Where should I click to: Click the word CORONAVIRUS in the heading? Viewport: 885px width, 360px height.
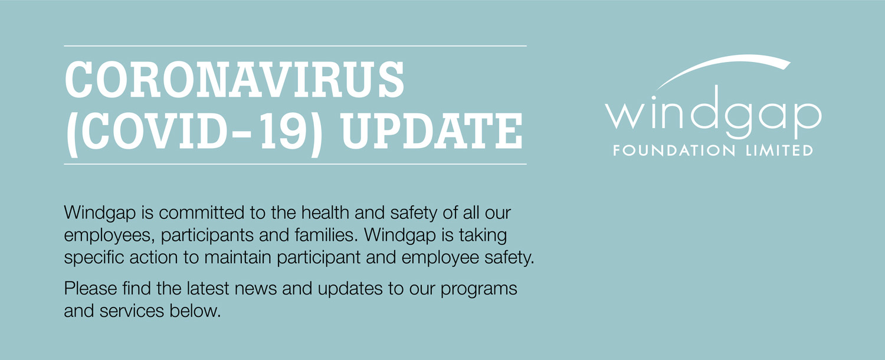click(x=234, y=80)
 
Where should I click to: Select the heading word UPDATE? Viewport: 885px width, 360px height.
click(x=432, y=131)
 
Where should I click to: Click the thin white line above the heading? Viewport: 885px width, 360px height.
click(x=295, y=46)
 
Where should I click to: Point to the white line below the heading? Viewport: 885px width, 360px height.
click(x=295, y=164)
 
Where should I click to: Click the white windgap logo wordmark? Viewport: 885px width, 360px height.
click(x=713, y=113)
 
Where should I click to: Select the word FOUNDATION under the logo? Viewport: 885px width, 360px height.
click(x=674, y=150)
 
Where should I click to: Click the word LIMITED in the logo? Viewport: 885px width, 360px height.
click(x=779, y=150)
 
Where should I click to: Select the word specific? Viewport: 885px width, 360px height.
click(x=94, y=258)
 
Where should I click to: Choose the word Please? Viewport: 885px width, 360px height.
click(x=90, y=288)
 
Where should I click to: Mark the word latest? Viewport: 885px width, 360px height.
click(x=208, y=288)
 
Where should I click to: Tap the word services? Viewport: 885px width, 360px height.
click(x=132, y=310)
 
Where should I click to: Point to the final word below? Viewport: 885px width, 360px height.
click(x=195, y=310)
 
